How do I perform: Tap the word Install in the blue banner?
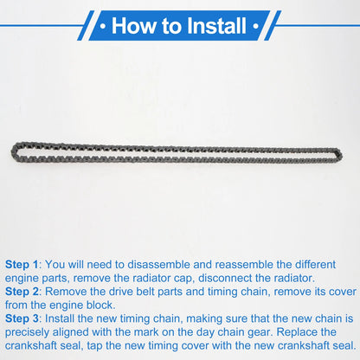(216, 26)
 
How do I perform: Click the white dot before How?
(103, 26)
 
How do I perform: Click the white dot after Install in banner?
(255, 26)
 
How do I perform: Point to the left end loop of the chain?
(15, 151)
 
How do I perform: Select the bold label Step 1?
(22, 265)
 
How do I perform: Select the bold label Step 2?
(22, 292)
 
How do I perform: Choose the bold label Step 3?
(22, 318)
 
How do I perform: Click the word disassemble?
(158, 265)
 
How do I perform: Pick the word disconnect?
(226, 278)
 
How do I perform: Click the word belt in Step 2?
(145, 292)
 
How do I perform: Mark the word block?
(101, 305)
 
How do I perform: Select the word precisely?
(27, 332)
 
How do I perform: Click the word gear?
(260, 332)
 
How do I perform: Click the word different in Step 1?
(315, 265)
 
